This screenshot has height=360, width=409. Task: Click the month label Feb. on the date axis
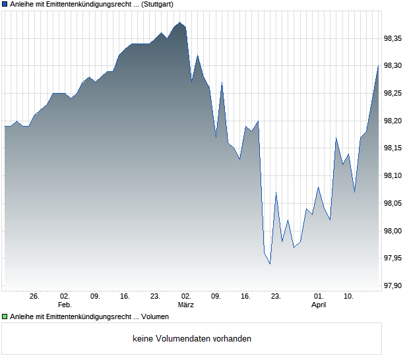[x=64, y=305]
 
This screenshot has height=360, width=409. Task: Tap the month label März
[x=185, y=305]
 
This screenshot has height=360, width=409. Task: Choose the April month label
[x=319, y=305]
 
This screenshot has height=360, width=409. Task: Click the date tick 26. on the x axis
[x=34, y=297]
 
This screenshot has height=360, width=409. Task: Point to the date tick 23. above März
[x=155, y=297]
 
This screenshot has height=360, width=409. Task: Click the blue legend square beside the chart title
[x=5, y=4]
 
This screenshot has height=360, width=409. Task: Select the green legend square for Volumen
[x=5, y=317]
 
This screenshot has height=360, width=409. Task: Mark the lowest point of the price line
[x=270, y=264]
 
